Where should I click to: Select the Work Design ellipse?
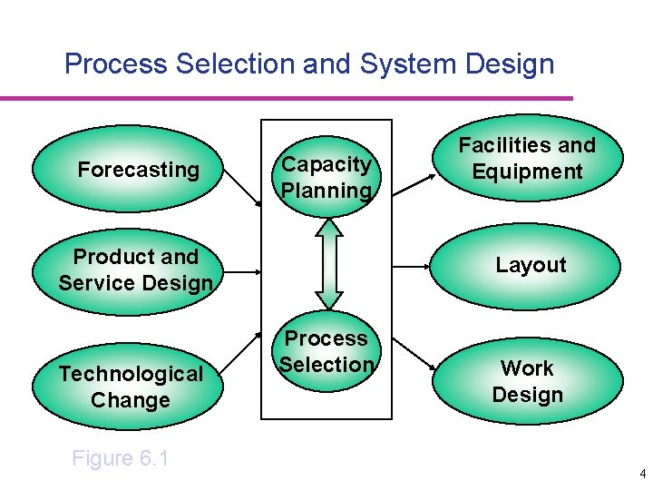click(528, 381)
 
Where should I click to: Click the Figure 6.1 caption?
click(121, 458)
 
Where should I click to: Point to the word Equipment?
click(528, 171)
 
